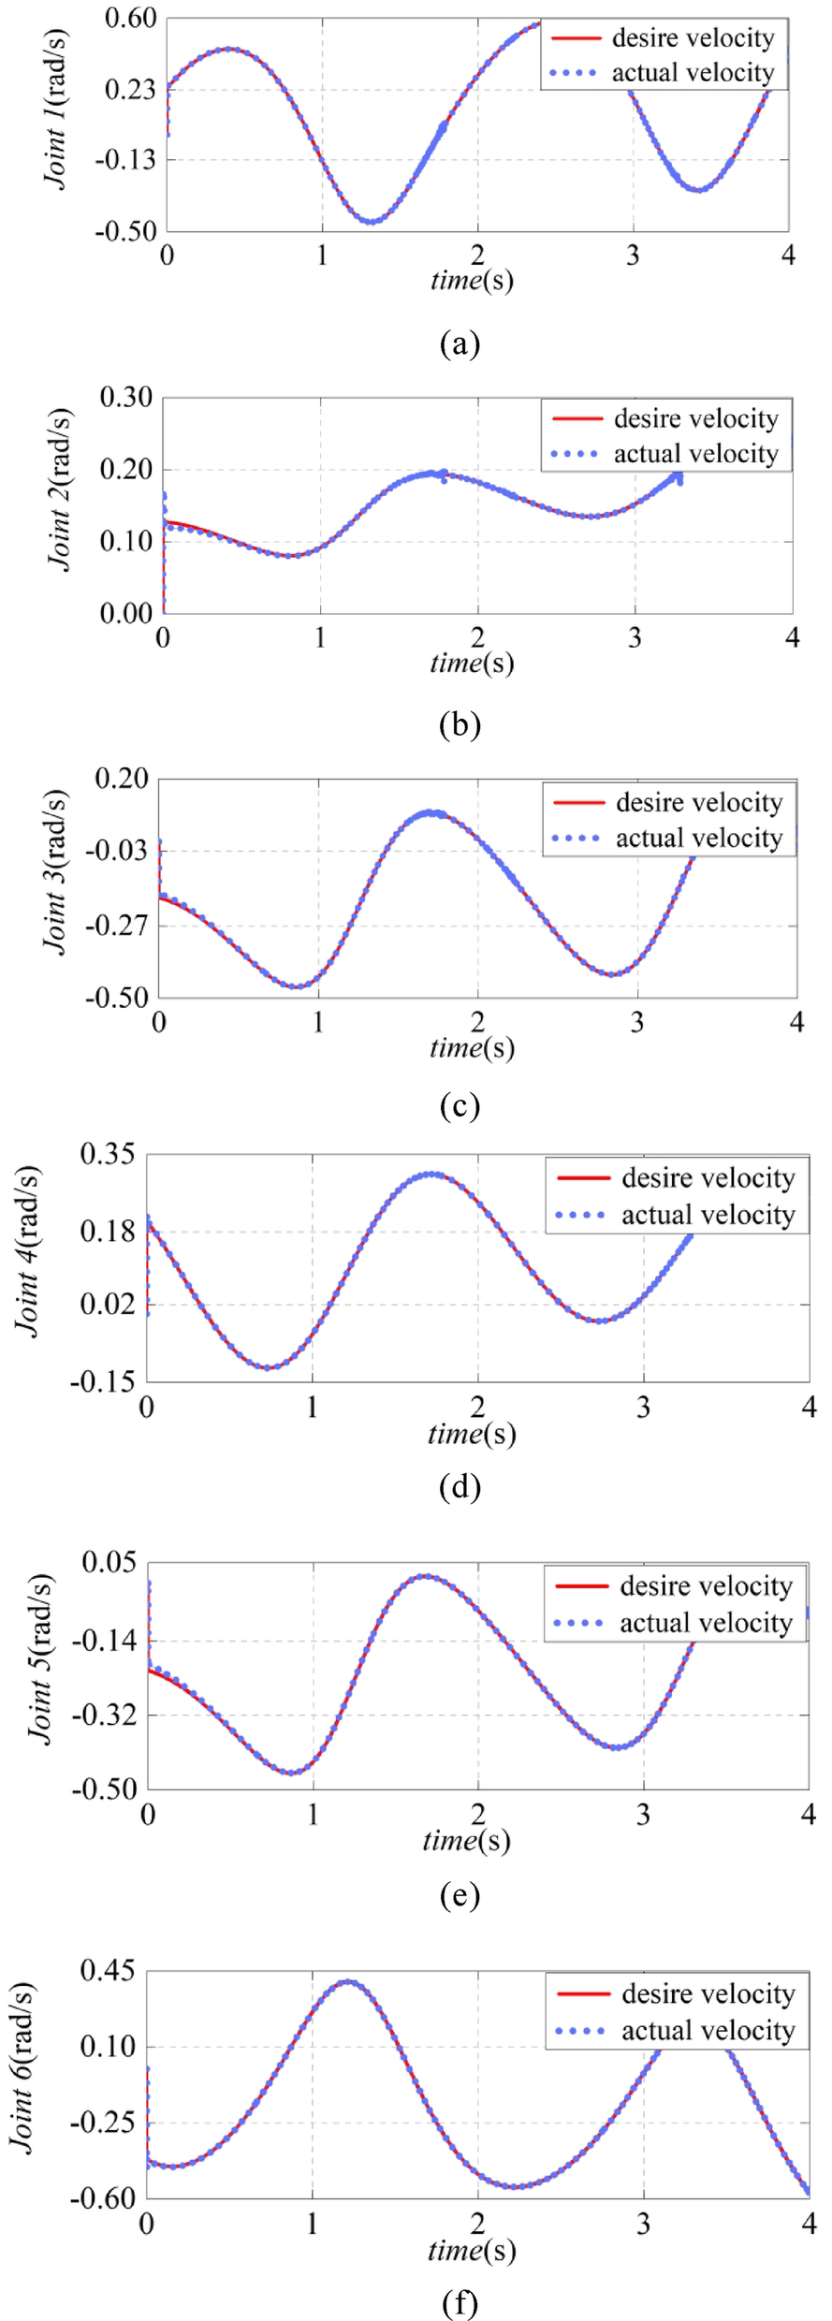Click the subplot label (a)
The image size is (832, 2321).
pyautogui.click(x=460, y=343)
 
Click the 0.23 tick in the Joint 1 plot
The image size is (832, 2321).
pyautogui.click(x=130, y=89)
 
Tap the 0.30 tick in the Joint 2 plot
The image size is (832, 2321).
pyautogui.click(x=126, y=397)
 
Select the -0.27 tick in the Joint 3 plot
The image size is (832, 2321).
pyautogui.click(x=119, y=925)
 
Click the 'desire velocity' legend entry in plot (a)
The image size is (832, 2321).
pyautogui.click(x=693, y=38)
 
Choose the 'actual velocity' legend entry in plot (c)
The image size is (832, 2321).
pyautogui.click(x=698, y=838)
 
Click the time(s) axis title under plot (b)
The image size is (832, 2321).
pyautogui.click(x=472, y=663)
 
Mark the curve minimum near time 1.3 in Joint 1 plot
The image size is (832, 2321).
pyautogui.click(x=372, y=222)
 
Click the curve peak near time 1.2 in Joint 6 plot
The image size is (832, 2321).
pyautogui.click(x=347, y=1981)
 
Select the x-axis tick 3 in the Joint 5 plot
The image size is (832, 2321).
pyautogui.click(x=643, y=1815)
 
